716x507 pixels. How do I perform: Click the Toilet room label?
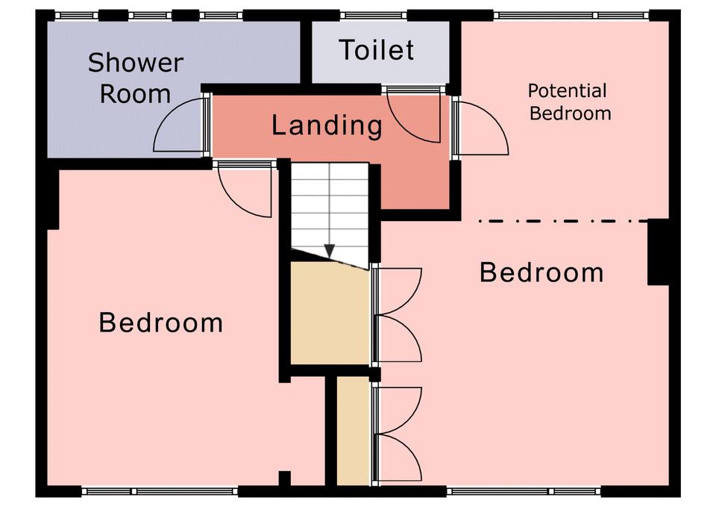(x=377, y=50)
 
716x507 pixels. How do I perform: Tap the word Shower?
(x=136, y=63)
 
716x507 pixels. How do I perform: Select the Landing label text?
(x=327, y=125)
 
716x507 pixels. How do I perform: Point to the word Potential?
(x=567, y=91)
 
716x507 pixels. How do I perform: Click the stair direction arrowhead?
(x=330, y=251)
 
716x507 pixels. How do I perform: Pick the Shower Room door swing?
(x=179, y=125)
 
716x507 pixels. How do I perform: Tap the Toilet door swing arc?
(x=414, y=118)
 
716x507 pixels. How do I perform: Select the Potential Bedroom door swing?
(x=484, y=128)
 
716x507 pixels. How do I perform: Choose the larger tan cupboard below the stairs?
(x=330, y=314)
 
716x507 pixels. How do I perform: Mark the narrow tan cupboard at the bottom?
(x=353, y=431)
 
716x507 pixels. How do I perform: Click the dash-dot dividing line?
(x=562, y=221)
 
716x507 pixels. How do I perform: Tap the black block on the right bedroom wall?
(x=659, y=252)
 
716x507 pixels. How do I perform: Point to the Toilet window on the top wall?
(x=374, y=16)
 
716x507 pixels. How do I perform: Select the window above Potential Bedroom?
(x=571, y=16)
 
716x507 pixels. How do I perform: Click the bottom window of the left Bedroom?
(x=160, y=492)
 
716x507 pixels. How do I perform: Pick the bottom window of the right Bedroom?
(x=524, y=492)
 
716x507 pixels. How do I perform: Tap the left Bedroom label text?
(x=161, y=323)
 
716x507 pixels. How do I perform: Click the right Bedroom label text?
(x=541, y=273)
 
